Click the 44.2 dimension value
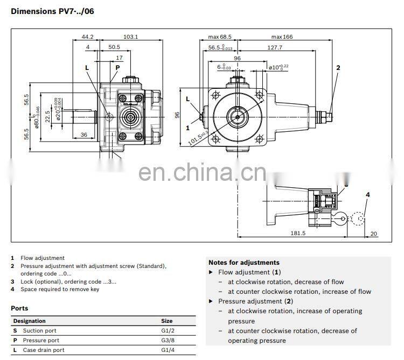click(87, 37)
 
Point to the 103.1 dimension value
click(131, 37)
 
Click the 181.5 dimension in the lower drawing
click(297, 233)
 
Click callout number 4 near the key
click(368, 194)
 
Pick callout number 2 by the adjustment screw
click(338, 67)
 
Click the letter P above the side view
click(117, 67)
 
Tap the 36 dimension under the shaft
click(84, 134)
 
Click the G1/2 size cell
click(169, 330)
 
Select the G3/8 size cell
click(169, 340)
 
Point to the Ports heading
click(19, 308)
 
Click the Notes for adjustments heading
click(243, 263)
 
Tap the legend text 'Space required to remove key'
click(60, 289)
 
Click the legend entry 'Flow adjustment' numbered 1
click(43, 258)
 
